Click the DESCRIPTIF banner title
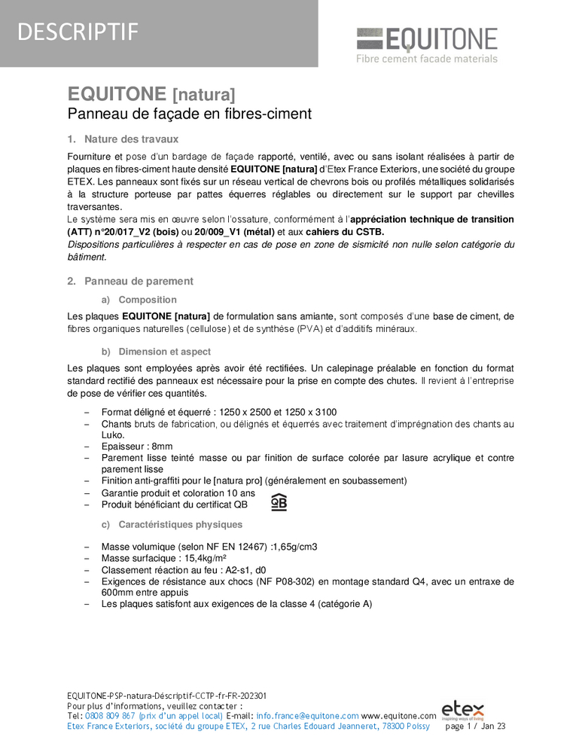(x=78, y=32)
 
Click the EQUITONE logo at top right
(x=426, y=39)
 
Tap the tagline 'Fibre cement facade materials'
(x=426, y=59)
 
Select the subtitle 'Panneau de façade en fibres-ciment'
(x=190, y=114)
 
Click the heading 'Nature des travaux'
(x=131, y=139)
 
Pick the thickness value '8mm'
(x=161, y=447)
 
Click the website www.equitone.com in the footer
(x=399, y=716)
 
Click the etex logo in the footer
(x=462, y=710)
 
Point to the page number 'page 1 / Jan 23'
(x=475, y=727)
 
